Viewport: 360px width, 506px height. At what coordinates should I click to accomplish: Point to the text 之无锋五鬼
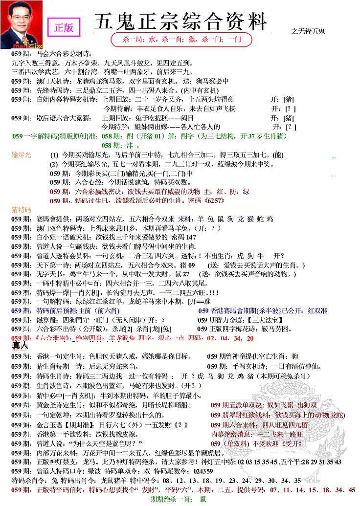tap(308, 31)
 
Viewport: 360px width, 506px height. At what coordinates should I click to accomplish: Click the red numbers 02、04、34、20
tap(230, 338)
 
